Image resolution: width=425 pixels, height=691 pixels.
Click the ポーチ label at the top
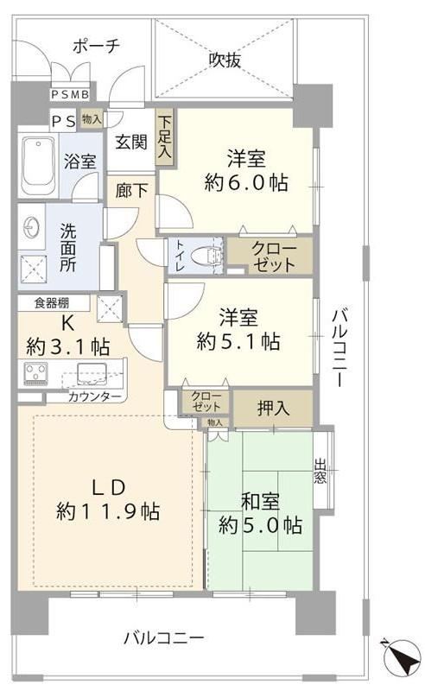click(96, 46)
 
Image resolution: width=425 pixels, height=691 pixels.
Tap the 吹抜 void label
click(225, 60)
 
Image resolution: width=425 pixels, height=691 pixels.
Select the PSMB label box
click(71, 94)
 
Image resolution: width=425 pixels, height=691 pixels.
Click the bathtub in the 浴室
click(39, 165)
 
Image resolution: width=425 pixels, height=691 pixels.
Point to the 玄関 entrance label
click(131, 142)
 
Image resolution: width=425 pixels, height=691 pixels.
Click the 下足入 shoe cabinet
click(165, 137)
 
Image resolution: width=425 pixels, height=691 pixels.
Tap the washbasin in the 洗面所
click(32, 228)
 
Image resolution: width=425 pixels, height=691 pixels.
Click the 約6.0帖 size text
click(246, 181)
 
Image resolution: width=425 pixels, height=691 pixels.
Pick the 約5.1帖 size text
click(238, 340)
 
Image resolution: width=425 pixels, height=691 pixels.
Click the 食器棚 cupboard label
click(52, 303)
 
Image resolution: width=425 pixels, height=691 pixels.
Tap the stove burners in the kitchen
click(35, 373)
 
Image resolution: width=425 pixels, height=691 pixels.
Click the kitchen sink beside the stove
click(92, 374)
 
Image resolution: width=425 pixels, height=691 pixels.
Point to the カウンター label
click(94, 396)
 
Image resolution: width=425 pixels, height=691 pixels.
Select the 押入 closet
click(273, 409)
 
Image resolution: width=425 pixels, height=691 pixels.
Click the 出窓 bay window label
click(320, 471)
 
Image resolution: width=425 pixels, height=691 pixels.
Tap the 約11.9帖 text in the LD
click(108, 511)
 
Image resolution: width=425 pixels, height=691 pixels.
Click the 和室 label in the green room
click(260, 502)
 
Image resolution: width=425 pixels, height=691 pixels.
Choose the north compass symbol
click(401, 657)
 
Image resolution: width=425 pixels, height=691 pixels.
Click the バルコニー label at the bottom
click(163, 637)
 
